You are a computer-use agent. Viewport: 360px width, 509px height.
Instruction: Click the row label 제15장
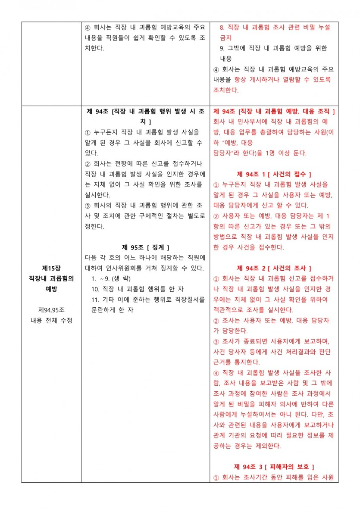coord(51,268)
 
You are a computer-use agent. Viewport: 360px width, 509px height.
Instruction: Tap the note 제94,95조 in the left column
coord(51,309)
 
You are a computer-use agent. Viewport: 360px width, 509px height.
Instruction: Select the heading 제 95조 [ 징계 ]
coord(145,247)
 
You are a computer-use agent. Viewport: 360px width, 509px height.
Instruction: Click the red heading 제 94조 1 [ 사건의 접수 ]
coord(274,174)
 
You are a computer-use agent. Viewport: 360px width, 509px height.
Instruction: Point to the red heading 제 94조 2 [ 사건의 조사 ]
coord(274,268)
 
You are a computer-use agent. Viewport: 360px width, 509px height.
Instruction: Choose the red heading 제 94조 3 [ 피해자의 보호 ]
coord(274,467)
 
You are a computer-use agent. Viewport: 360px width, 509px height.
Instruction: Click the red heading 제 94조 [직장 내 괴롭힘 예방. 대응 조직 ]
coord(274,112)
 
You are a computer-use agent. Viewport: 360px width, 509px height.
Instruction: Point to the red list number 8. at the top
coord(222,27)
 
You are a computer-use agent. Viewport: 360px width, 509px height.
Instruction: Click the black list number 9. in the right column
coord(222,48)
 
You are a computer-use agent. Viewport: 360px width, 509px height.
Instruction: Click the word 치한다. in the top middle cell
coord(94,48)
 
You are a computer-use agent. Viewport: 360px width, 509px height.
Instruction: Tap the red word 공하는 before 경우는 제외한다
coord(223,446)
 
